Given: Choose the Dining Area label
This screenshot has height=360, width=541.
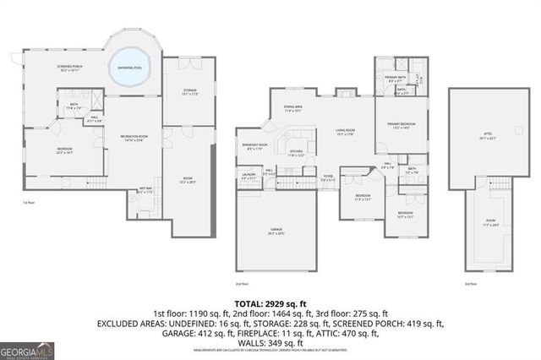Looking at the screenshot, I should click(293, 109).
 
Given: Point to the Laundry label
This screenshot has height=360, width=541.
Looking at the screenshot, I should click(249, 177).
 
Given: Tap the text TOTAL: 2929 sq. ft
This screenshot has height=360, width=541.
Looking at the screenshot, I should click(270, 303).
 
